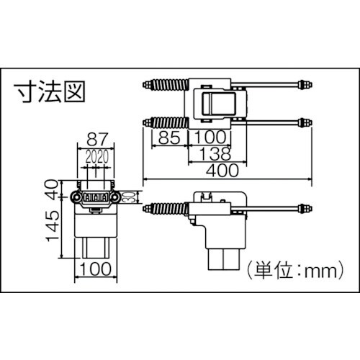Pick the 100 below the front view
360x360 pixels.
point(96,270)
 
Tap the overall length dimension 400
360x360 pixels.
point(222,172)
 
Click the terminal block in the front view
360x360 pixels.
point(96,197)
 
